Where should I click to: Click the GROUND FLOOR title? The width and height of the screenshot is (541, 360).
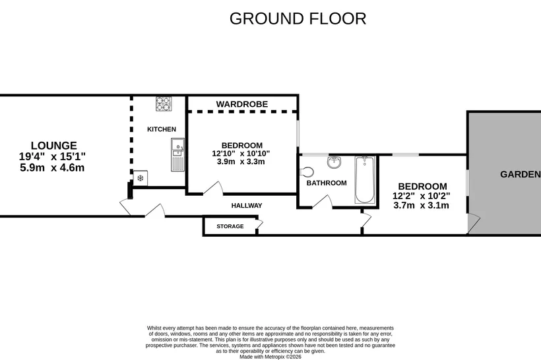[x=298, y=18]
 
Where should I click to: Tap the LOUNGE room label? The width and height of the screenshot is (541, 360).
[x=54, y=146]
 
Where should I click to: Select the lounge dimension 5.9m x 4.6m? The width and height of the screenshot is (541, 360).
[x=52, y=168]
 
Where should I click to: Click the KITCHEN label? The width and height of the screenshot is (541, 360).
[x=162, y=129]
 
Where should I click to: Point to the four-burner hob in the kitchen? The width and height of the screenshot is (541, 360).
[x=164, y=104]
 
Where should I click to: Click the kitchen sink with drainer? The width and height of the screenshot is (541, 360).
[x=177, y=155]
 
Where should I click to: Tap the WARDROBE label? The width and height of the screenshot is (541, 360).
[x=242, y=104]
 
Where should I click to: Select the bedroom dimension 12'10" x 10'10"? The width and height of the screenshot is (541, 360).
[x=241, y=154]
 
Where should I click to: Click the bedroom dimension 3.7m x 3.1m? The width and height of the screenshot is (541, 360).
[x=422, y=206]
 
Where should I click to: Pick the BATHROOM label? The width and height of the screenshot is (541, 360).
[x=327, y=183]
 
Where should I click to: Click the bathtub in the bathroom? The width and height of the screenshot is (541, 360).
[x=365, y=179]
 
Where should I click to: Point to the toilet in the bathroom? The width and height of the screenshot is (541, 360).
[x=307, y=171]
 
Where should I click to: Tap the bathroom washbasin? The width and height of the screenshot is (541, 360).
[x=334, y=162]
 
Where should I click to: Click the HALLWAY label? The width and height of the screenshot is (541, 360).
[x=247, y=206]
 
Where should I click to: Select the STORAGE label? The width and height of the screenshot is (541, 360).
[x=230, y=226]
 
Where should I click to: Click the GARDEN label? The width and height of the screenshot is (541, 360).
[x=521, y=175]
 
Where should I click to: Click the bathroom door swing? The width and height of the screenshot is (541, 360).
[x=323, y=202]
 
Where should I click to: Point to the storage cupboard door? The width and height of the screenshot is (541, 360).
[x=259, y=224]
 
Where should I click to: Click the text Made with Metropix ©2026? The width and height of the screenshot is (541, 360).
[x=270, y=357]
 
